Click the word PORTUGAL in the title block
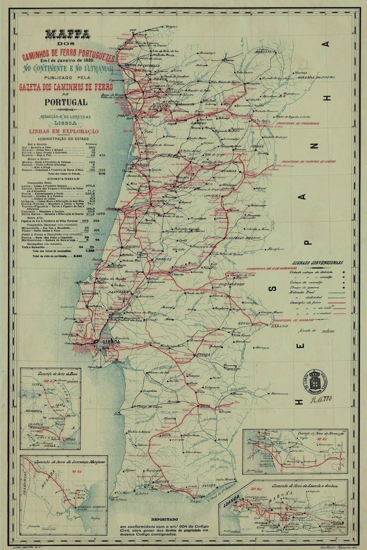66,102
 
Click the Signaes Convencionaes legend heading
318,263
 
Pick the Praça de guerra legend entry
304,287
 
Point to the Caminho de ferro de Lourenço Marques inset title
65,460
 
